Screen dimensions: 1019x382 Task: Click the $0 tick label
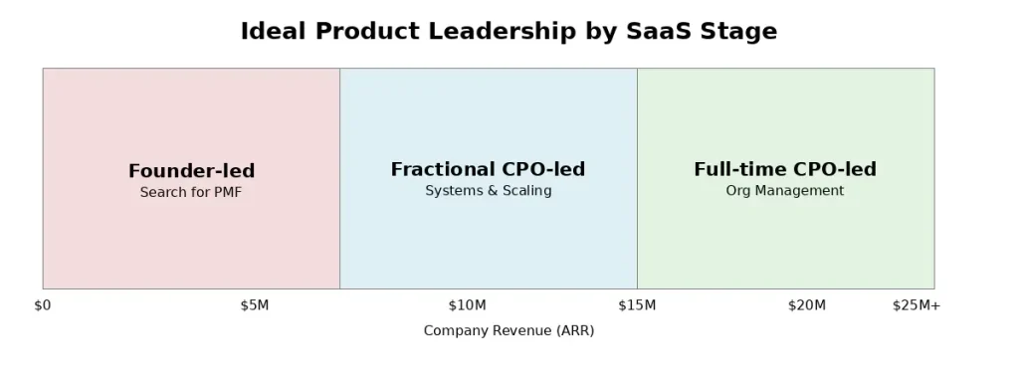click(x=43, y=305)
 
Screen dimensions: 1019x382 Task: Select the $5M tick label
click(x=255, y=305)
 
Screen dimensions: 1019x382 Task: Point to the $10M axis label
click(x=468, y=305)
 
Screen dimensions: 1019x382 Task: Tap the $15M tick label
click(x=637, y=305)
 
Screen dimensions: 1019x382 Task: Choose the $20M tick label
click(x=807, y=305)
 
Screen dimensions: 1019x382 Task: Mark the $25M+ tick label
click(x=917, y=305)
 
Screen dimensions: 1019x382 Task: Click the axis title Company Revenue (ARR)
click(x=509, y=330)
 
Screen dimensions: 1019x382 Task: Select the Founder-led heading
click(x=192, y=171)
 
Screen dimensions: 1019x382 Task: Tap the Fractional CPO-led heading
click(x=488, y=169)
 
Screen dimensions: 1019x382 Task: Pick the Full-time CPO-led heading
click(x=785, y=169)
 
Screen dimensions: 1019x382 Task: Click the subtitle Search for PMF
click(x=191, y=192)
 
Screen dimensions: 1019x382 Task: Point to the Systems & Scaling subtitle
click(x=489, y=191)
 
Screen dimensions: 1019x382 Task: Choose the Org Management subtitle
click(x=785, y=191)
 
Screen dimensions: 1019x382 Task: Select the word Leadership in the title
click(x=502, y=32)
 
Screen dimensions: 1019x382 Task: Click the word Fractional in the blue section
click(x=438, y=169)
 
